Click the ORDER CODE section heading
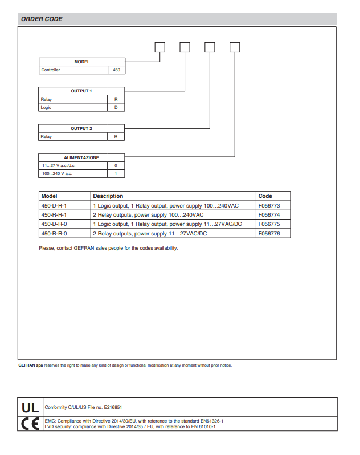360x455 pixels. pyautogui.click(x=42, y=19)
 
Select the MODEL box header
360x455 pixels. pyautogui.click(x=81, y=62)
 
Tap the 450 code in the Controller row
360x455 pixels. pyautogui.click(x=116, y=70)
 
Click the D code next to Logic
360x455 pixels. pyautogui.click(x=116, y=107)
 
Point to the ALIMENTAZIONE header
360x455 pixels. pyautogui.click(x=81, y=157)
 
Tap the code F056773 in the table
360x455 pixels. pyautogui.click(x=269, y=205)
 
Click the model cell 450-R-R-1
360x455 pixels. pyautogui.click(x=54, y=215)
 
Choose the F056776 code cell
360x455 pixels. pyautogui.click(x=269, y=234)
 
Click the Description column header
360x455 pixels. pyautogui.click(x=108, y=196)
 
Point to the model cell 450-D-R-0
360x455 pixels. pyautogui.click(x=54, y=224)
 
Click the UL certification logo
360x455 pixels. pyautogui.click(x=30, y=408)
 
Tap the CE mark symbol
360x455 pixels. pyautogui.click(x=30, y=424)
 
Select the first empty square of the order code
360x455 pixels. pyautogui.click(x=160, y=47)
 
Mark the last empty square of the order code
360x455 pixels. pyautogui.click(x=235, y=47)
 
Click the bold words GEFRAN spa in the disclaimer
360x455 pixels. pyautogui.click(x=31, y=365)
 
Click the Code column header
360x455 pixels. pyautogui.click(x=265, y=196)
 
